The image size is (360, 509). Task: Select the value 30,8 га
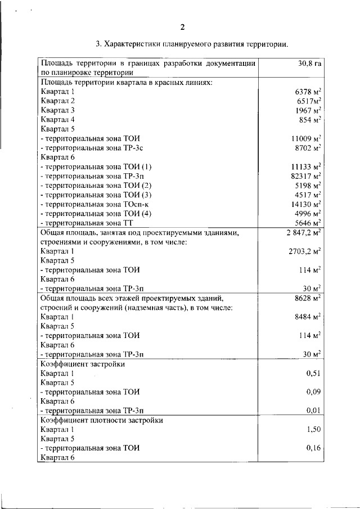[x=309, y=64]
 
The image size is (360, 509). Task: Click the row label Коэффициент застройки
[x=82, y=364]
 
